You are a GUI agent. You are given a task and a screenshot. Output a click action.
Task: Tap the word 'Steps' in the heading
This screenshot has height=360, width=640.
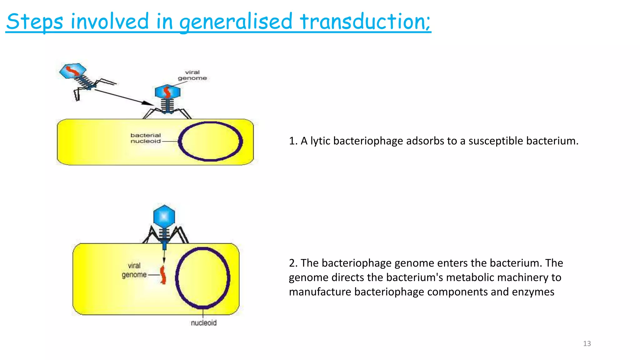click(x=34, y=22)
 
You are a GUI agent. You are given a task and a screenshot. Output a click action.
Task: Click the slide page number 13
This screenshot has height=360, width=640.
click(x=587, y=343)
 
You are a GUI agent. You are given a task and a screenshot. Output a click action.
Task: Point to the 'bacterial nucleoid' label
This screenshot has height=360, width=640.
click(x=146, y=138)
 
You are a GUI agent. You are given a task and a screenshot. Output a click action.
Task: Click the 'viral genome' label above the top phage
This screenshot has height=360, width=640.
click(x=192, y=75)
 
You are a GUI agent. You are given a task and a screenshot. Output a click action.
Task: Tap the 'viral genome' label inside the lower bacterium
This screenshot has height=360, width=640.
click(x=134, y=270)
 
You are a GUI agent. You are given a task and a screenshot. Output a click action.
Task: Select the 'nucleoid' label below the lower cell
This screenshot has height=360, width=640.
click(x=203, y=323)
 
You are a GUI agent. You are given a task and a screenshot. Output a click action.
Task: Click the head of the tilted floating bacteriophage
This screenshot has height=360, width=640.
click(x=72, y=71)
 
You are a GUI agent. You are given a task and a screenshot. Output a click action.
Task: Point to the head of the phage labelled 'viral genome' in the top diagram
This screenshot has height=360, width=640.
click(x=167, y=92)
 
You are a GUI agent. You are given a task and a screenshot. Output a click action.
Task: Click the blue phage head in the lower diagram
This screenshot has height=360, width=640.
click(x=164, y=216)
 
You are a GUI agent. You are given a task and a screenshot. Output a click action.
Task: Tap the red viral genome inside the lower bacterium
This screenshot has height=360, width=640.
click(x=163, y=275)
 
